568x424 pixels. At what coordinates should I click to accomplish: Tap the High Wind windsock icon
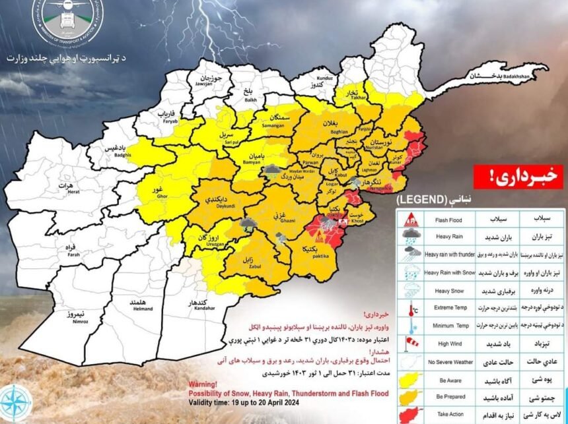410,342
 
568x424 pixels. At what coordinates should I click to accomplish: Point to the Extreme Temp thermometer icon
410,307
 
